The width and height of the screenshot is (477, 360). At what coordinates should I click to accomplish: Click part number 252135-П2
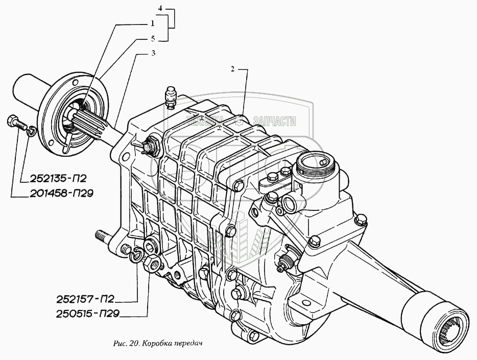51,179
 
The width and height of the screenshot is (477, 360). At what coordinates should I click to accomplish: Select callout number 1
152,23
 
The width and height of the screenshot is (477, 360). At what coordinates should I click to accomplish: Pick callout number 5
152,38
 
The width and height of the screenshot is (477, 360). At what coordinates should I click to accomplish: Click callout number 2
232,69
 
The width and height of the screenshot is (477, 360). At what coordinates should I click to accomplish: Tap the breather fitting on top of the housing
171,97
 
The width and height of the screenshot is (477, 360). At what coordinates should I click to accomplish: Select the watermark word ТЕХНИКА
205,121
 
